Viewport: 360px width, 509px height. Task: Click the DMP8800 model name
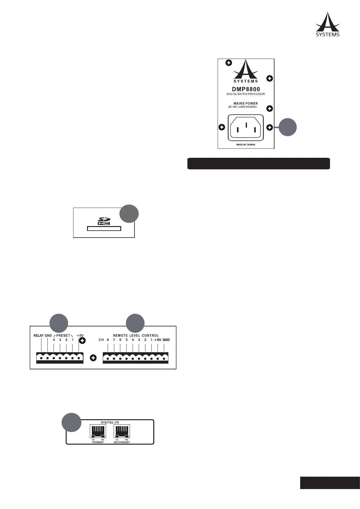[245, 89]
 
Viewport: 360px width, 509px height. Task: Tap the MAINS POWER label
[245, 103]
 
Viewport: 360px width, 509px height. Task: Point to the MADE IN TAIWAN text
[245, 145]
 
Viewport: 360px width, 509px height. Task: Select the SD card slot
[104, 229]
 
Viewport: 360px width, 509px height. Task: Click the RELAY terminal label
[38, 336]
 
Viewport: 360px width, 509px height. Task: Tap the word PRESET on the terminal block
[63, 336]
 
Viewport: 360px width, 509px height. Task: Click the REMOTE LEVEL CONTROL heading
[136, 336]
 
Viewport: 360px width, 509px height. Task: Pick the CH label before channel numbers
[101, 340]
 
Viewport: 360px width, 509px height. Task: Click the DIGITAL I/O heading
[110, 422]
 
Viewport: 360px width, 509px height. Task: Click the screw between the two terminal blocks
[93, 358]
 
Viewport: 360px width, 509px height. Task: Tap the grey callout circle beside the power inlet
[287, 127]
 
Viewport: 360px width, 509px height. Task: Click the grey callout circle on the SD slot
[129, 214]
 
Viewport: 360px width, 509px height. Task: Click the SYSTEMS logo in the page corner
[328, 24]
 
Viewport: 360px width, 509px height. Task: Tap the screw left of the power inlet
[222, 127]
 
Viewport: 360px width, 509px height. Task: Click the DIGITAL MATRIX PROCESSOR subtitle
[245, 94]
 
